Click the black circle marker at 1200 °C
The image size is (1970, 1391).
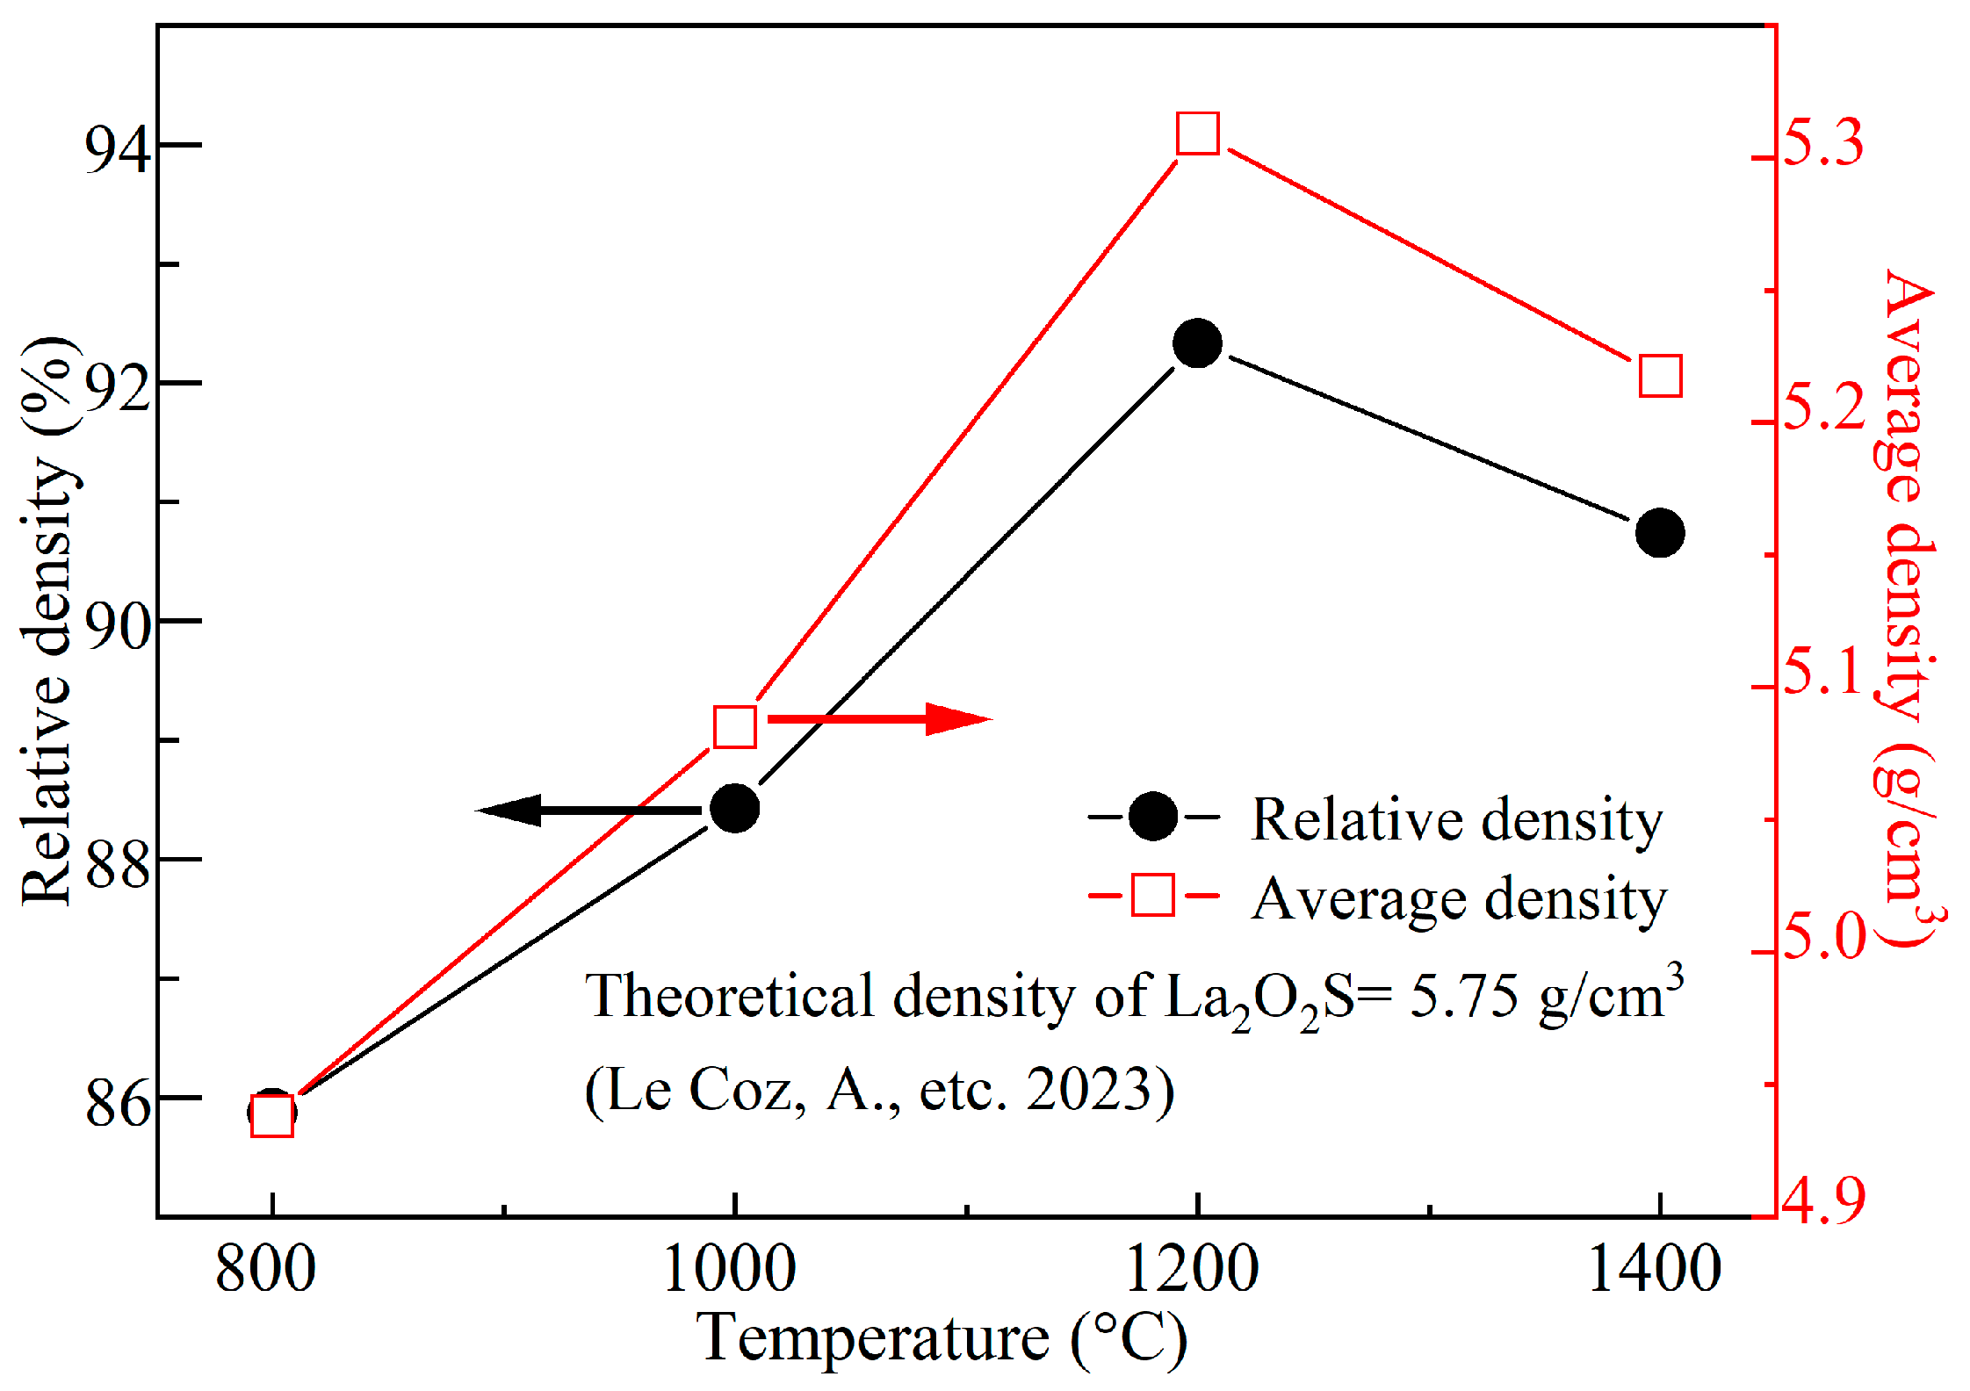click(x=1197, y=342)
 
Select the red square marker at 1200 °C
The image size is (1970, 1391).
click(x=1198, y=133)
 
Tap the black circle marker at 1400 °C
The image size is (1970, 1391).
click(x=1660, y=533)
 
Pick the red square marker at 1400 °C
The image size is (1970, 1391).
click(x=1660, y=377)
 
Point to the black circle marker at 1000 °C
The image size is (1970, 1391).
click(x=734, y=809)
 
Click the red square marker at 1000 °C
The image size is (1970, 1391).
click(x=735, y=726)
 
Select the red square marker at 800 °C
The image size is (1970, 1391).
click(x=272, y=1116)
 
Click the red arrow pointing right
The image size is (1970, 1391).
click(x=878, y=719)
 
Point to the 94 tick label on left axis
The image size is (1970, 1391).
click(x=118, y=149)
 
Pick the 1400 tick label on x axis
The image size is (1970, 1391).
click(x=1655, y=1269)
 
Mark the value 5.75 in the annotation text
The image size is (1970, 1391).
click(x=1463, y=997)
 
